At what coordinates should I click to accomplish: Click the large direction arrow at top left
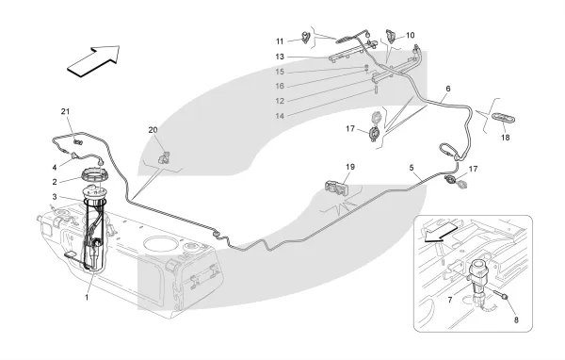94,60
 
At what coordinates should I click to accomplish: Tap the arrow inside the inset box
441,232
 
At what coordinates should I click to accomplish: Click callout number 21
65,112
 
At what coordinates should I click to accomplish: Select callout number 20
153,130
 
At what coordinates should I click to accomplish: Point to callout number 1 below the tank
87,298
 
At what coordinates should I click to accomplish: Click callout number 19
350,167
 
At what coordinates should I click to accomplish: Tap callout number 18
506,138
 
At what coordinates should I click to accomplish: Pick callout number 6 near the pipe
448,89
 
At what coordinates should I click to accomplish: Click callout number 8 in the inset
516,319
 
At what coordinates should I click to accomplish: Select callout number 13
280,57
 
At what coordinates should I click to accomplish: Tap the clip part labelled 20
164,157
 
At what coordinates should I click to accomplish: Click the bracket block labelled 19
337,188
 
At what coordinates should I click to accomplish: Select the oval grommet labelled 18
503,119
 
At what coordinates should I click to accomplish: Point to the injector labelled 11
306,37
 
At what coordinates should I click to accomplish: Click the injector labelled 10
391,36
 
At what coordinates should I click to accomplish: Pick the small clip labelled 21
77,141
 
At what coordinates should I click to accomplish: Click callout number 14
280,116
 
